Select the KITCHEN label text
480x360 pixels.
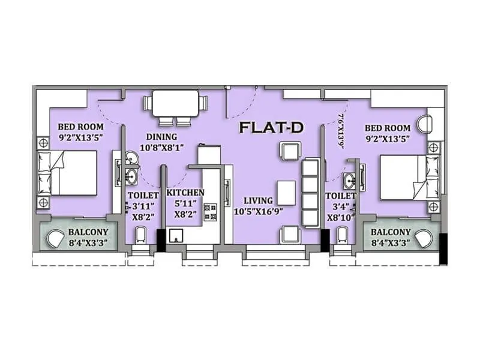[185, 193]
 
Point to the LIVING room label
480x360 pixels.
[258, 200]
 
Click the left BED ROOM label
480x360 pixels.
[80, 127]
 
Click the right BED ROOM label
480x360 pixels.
[388, 128]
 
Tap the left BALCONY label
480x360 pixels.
[88, 232]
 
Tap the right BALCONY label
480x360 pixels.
[391, 232]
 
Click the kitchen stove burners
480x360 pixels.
[211, 211]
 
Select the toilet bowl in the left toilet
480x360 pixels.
[140, 235]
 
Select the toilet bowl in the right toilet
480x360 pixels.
[344, 234]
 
